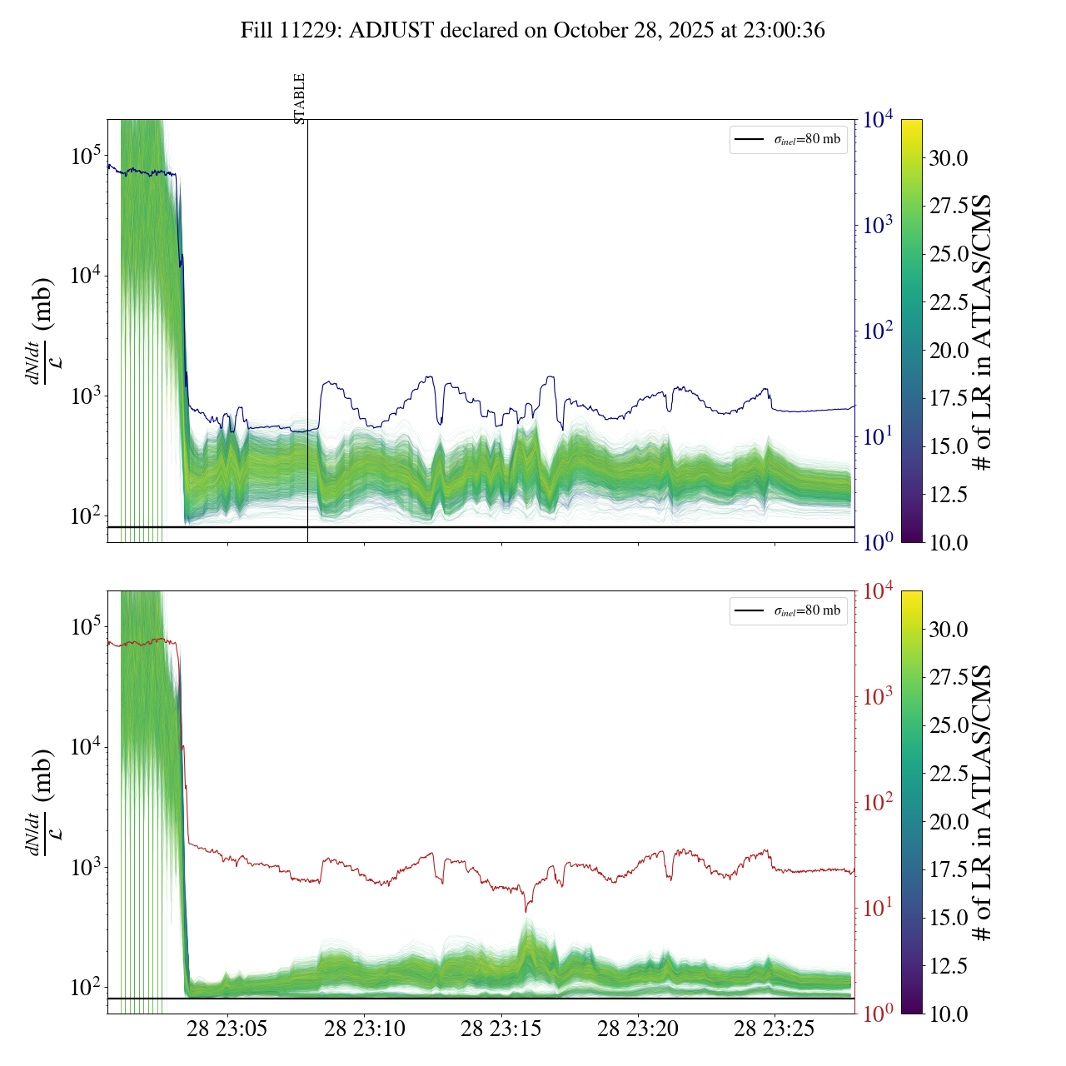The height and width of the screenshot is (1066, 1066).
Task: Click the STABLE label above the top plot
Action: [x=300, y=98]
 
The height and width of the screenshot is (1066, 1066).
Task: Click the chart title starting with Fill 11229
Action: [x=533, y=31]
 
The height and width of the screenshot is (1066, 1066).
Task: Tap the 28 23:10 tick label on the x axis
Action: [x=365, y=1029]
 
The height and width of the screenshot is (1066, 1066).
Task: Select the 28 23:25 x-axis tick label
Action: [x=775, y=1029]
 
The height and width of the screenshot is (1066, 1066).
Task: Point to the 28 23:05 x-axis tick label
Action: [x=227, y=1029]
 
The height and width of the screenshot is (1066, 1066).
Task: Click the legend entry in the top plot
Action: [x=789, y=139]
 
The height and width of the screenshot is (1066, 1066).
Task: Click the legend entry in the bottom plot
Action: [x=789, y=610]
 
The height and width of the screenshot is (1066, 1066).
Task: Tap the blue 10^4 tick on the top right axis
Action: [x=878, y=120]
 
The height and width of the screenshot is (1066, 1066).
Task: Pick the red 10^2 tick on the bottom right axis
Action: [x=878, y=802]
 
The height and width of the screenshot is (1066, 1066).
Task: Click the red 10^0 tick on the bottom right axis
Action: [x=878, y=1014]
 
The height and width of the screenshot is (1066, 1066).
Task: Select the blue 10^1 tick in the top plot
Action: [x=878, y=436]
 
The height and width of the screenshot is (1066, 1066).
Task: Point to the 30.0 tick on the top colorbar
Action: [x=949, y=158]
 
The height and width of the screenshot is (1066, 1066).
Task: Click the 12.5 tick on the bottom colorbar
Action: [x=949, y=966]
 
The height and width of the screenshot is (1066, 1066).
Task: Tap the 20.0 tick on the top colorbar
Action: [x=949, y=351]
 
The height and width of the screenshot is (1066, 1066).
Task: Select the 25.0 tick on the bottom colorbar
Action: [x=949, y=725]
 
